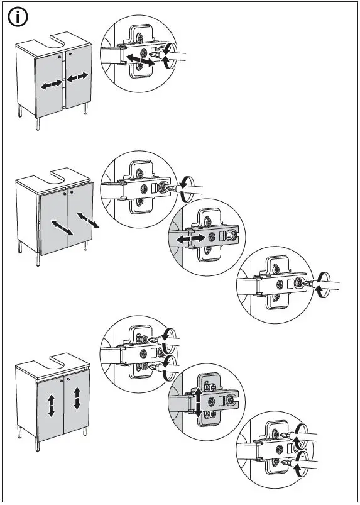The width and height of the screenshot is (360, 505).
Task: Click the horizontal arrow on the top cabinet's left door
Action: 52,85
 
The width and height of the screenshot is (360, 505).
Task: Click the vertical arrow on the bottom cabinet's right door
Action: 77,397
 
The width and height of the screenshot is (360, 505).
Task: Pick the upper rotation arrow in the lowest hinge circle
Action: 302,433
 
